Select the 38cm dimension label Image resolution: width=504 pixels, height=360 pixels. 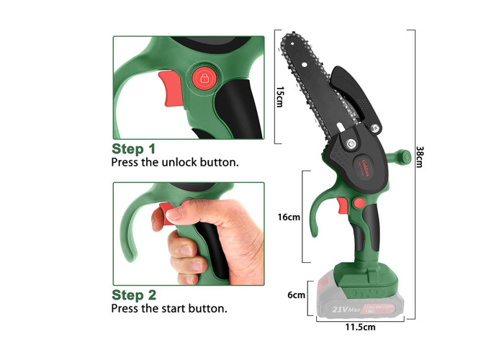tap(420, 156)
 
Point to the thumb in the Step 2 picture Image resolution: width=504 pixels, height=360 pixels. tap(189, 210)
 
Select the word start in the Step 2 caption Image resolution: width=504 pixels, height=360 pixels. tap(176, 308)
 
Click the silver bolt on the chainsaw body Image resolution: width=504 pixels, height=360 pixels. tap(351, 144)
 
